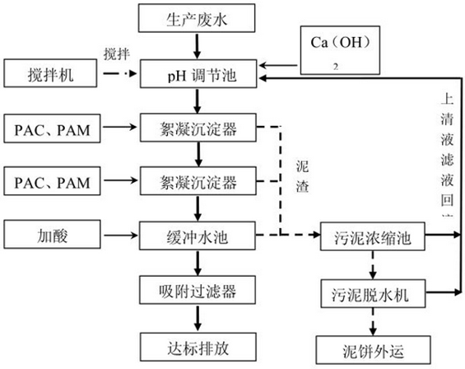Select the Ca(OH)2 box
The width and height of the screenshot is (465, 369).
click(340, 50)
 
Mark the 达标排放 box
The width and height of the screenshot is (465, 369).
click(197, 343)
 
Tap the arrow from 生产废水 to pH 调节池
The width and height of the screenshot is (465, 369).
click(197, 46)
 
